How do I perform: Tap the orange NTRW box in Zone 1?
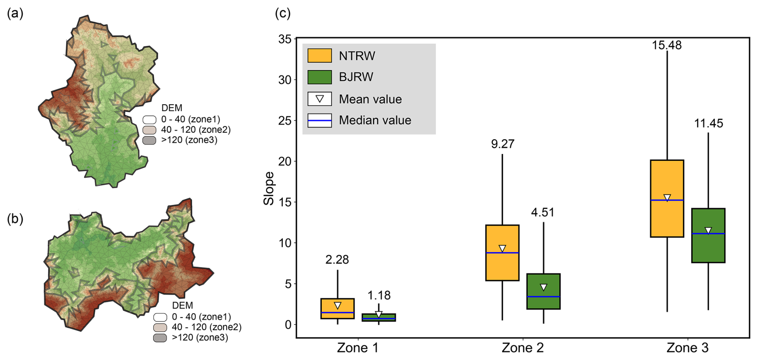coord(337,308)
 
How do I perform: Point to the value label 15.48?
coord(667,45)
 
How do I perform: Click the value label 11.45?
coord(708,123)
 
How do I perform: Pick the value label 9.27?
coord(502,144)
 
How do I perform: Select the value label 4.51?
coord(543,212)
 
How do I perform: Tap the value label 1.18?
coord(379,295)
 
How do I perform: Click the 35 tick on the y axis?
coord(285,39)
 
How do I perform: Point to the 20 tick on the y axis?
coord(285,162)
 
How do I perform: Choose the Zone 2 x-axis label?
coord(523,348)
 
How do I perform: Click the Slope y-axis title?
coord(268,188)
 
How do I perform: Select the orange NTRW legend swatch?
coord(319,56)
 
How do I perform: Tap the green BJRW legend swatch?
coord(319,77)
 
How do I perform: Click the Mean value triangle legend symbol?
coord(319,99)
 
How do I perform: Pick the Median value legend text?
coord(375,120)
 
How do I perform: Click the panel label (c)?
coord(282,13)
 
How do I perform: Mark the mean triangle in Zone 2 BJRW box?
coord(543,287)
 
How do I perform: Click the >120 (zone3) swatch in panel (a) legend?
coord(149,140)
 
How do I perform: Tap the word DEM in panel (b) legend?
coord(182,305)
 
